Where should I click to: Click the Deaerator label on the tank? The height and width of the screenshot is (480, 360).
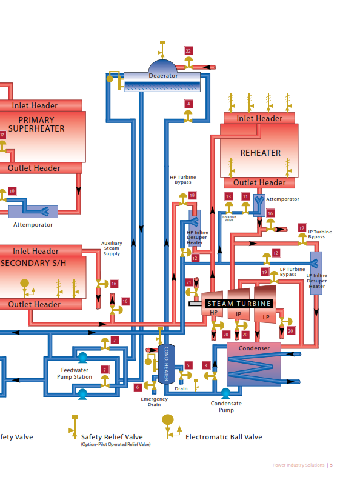click(163, 76)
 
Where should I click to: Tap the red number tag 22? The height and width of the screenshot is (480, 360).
click(188, 51)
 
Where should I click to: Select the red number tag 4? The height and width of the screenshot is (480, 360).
click(188, 104)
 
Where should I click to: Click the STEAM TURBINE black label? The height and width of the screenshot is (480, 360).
click(239, 304)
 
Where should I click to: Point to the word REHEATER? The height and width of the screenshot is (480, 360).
click(260, 153)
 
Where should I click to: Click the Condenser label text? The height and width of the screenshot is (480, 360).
click(254, 348)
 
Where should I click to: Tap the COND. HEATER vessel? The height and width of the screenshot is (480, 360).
click(167, 364)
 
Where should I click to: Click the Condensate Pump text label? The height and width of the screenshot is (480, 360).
click(226, 407)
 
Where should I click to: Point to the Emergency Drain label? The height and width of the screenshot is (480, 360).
click(155, 402)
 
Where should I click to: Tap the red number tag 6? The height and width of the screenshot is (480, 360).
click(138, 387)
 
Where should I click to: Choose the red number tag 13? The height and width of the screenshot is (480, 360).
click(228, 196)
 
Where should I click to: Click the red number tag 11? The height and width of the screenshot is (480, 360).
click(245, 196)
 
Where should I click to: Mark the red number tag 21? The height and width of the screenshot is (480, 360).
click(189, 282)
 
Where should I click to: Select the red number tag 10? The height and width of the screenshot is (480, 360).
click(12, 191)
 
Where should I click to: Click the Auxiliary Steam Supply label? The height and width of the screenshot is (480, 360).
click(112, 247)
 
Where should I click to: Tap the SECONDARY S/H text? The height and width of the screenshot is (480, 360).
click(33, 263)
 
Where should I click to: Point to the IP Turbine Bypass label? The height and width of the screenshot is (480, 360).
click(320, 234)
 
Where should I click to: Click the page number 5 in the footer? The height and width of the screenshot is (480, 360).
click(332, 465)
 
